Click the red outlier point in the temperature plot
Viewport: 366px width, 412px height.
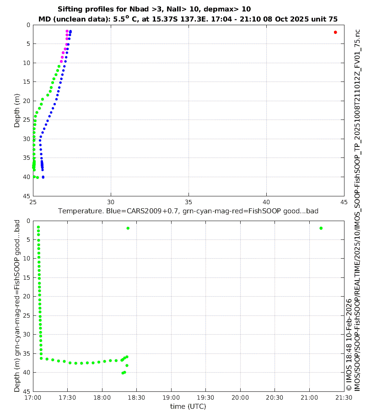pos(335,32)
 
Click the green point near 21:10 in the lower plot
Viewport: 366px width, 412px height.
pos(321,228)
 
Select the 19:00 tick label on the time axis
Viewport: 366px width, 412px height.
pos(171,397)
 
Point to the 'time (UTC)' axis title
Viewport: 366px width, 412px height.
pos(188,406)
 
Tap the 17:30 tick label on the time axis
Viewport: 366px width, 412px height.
pos(67,397)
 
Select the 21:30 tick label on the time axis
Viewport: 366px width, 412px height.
pos(344,397)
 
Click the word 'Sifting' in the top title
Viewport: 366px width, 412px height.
pos(72,9)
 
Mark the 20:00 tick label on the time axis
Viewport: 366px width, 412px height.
pos(240,397)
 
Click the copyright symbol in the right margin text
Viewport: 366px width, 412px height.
pos(349,387)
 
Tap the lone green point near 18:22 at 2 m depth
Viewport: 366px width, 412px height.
pos(128,228)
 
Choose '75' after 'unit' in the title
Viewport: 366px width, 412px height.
pos(333,19)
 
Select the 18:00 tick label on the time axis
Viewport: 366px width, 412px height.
pos(102,397)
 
